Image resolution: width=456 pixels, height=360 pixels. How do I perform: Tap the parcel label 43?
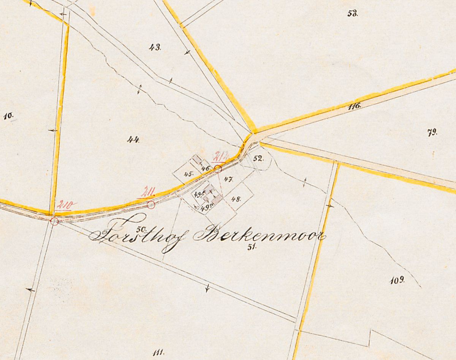point(155,47)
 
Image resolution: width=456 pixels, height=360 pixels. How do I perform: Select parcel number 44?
point(133,140)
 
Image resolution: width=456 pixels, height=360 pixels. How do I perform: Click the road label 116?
point(354,106)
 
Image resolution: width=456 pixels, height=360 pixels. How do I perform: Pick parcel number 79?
point(432,133)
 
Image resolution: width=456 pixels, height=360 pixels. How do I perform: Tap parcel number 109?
point(397,281)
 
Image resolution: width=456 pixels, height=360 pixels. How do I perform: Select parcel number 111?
point(158,352)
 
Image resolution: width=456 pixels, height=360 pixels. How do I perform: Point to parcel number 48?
point(236,198)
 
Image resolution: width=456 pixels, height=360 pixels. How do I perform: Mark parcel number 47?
point(228,179)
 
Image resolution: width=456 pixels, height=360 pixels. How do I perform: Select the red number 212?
point(221,156)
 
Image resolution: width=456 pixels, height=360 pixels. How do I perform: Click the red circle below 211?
point(151,205)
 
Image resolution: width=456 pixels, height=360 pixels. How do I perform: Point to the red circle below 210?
point(54,221)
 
